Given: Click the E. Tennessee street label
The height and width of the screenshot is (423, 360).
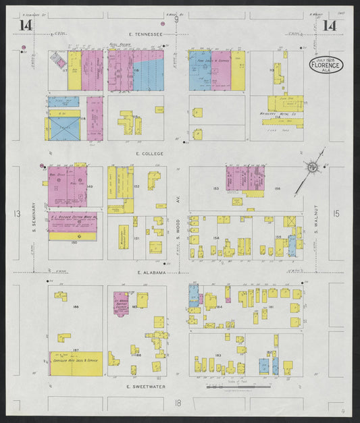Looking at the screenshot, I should coord(147,34).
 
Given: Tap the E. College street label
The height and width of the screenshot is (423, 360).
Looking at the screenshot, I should coord(149,153).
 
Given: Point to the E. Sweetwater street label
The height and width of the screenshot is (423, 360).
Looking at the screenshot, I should coord(146,387).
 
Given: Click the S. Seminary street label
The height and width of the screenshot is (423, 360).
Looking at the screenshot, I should coord(32,215).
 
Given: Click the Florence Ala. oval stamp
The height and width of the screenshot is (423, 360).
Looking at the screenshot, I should coord(326,64).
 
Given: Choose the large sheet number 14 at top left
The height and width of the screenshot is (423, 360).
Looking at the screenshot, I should coord(26,26).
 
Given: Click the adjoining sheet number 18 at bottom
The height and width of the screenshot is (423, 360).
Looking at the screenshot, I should coord(178,403).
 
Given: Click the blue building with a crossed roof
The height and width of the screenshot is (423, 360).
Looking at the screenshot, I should coord(64,129).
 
